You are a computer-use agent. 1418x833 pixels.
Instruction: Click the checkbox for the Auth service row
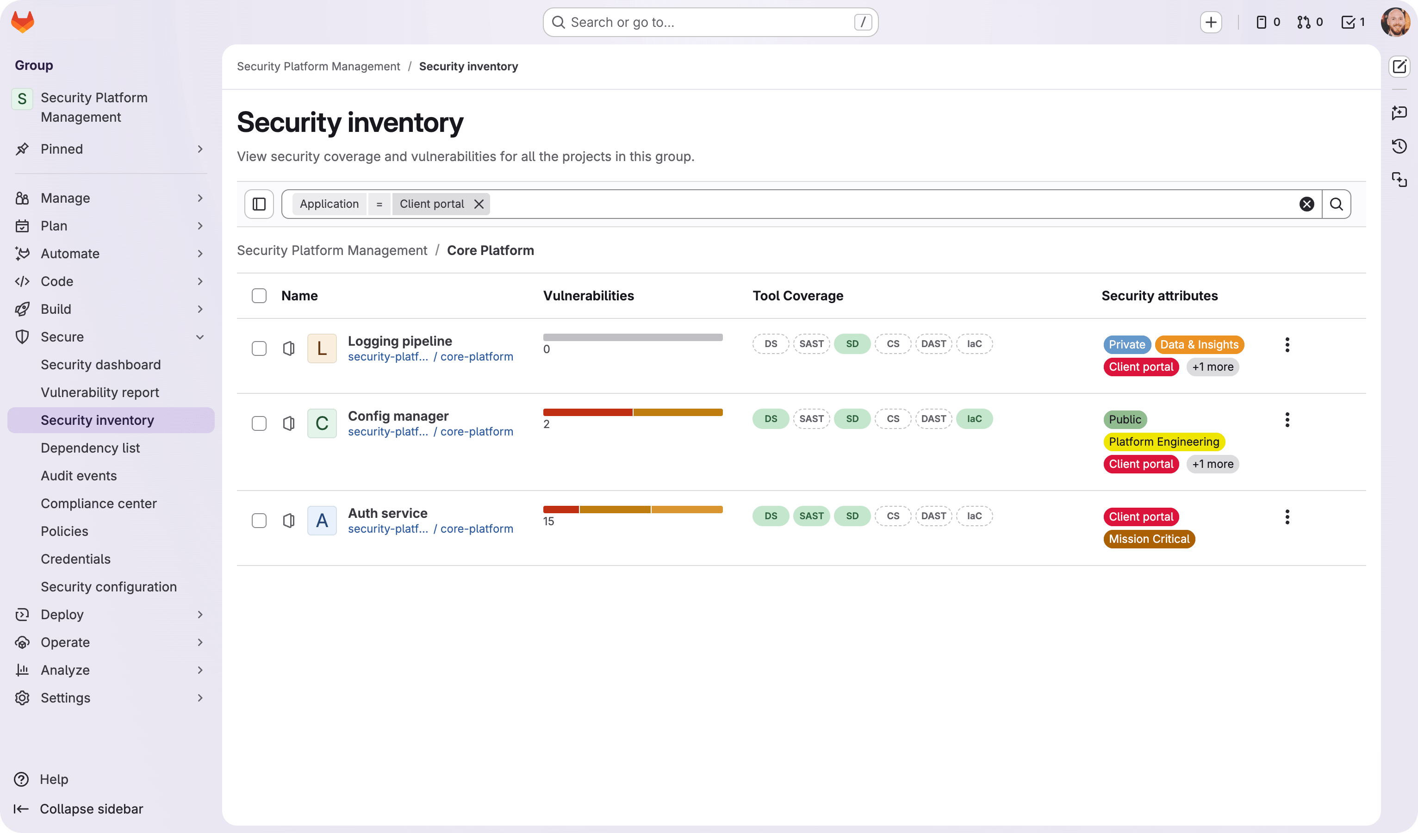click(259, 521)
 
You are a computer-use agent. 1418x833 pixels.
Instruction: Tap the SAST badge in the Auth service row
click(811, 516)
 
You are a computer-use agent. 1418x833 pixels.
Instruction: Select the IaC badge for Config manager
click(974, 419)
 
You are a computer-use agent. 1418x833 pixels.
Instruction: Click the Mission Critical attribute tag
click(1149, 539)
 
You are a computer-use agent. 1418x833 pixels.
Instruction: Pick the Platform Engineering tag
click(1163, 442)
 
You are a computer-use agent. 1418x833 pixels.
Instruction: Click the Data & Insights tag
click(1199, 344)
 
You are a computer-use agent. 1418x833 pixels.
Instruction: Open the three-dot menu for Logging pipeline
click(1287, 344)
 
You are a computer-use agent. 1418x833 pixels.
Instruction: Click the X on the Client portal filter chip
click(479, 204)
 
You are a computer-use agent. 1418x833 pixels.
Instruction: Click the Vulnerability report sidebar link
click(100, 392)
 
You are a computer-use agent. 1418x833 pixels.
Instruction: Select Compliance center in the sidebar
click(99, 503)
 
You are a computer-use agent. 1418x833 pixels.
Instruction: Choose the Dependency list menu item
click(90, 448)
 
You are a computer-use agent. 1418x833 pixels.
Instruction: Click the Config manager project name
click(398, 416)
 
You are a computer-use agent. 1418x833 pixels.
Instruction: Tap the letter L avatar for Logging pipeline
click(322, 348)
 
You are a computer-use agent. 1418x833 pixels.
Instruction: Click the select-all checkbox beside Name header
click(259, 296)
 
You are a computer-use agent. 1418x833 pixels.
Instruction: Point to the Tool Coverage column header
click(797, 296)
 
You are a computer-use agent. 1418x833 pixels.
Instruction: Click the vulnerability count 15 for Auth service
click(548, 522)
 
